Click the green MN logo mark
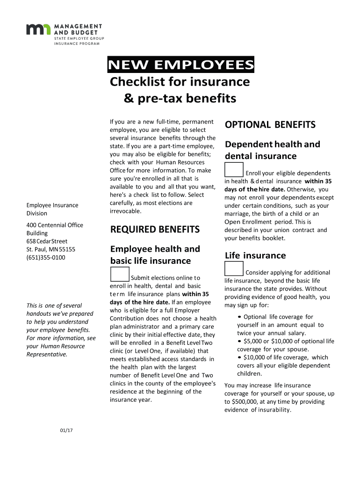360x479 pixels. pyautogui.click(x=39, y=29)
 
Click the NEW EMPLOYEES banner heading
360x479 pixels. pyautogui.click(x=181, y=65)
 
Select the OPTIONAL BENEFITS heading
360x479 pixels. pyautogui.click(x=270, y=124)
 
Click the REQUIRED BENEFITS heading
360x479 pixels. pyautogui.click(x=155, y=229)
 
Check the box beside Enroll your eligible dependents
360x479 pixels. pyautogui.click(x=234, y=169)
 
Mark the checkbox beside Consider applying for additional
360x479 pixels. pyautogui.click(x=234, y=269)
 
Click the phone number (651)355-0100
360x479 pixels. pyautogui.click(x=46, y=257)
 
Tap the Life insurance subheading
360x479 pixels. pyautogui.click(x=255, y=255)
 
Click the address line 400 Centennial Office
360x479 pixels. pyautogui.click(x=55, y=225)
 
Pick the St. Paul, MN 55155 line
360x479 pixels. pyautogui.click(x=50, y=249)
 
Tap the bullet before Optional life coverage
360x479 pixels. pyautogui.click(x=239, y=317)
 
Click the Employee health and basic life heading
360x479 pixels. pyautogui.click(x=155, y=254)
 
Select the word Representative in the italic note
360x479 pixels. pyautogui.click(x=46, y=354)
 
